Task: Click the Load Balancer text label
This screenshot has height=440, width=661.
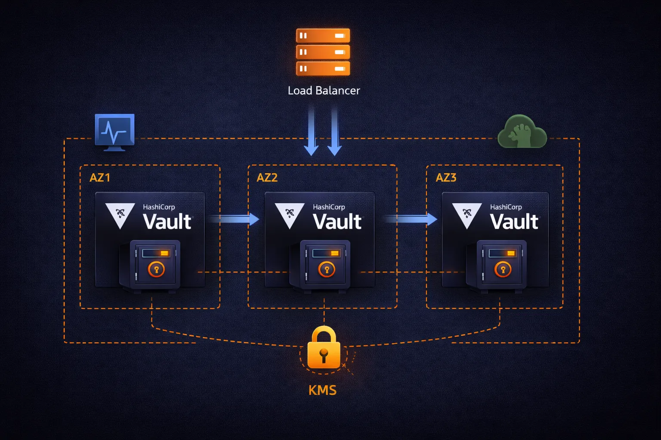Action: click(324, 91)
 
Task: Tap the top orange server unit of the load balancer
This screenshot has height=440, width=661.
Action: click(323, 36)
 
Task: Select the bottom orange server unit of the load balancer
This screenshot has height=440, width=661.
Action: click(323, 68)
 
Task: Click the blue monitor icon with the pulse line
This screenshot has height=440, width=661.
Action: click(114, 131)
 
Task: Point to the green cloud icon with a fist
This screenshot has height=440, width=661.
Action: click(522, 132)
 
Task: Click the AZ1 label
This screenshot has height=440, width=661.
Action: click(100, 177)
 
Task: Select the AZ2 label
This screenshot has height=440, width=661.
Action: click(267, 177)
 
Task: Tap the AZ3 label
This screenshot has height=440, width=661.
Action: click(446, 177)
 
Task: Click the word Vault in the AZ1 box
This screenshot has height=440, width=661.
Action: click(167, 222)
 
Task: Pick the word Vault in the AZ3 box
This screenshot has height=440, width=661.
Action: click(514, 222)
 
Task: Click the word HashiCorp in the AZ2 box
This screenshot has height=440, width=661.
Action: click(329, 207)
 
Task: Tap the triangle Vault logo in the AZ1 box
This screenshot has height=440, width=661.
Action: click(120, 214)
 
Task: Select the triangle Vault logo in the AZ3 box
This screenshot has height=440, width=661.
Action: click(467, 214)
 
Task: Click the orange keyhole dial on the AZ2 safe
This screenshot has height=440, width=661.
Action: click(327, 270)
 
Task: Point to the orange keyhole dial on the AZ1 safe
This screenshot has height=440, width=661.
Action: click(156, 270)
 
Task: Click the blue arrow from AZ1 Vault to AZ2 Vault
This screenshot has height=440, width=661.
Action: click(235, 219)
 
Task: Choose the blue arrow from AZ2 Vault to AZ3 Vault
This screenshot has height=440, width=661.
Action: click(411, 219)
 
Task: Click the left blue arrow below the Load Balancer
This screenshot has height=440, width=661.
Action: click(311, 131)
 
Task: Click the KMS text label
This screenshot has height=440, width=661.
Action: click(322, 390)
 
